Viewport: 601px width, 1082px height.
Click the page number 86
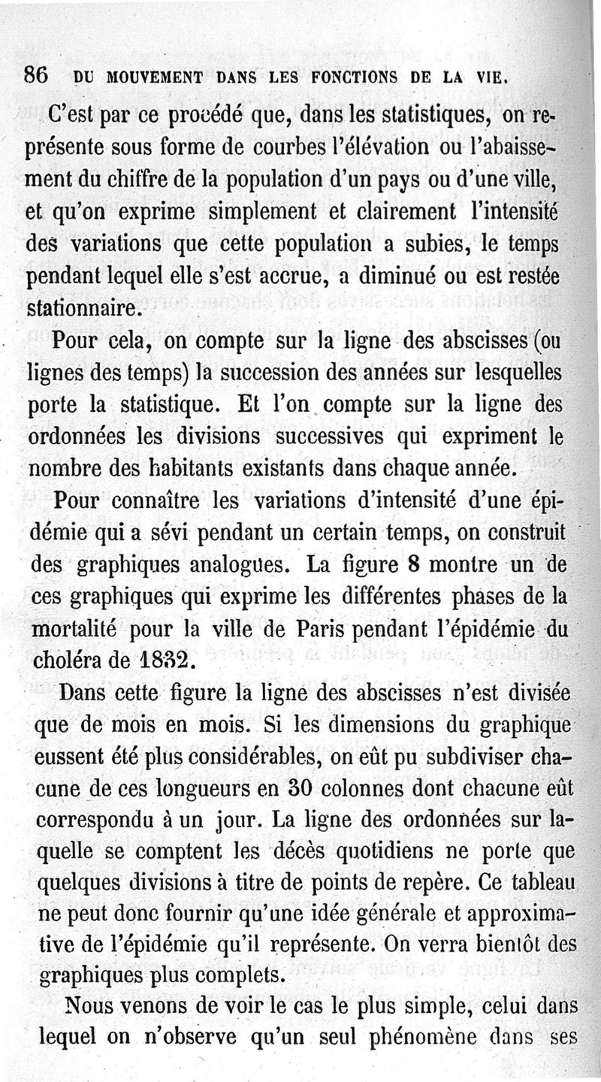[x=36, y=76]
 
